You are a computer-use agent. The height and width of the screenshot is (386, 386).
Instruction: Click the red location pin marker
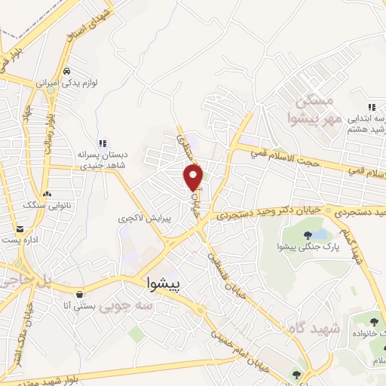[195, 177]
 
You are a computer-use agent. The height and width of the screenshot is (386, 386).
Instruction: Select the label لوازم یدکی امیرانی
[48, 81]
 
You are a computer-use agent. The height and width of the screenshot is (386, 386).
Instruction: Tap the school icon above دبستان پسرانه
[103, 142]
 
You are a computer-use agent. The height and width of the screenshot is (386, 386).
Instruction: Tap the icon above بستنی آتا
[79, 293]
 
